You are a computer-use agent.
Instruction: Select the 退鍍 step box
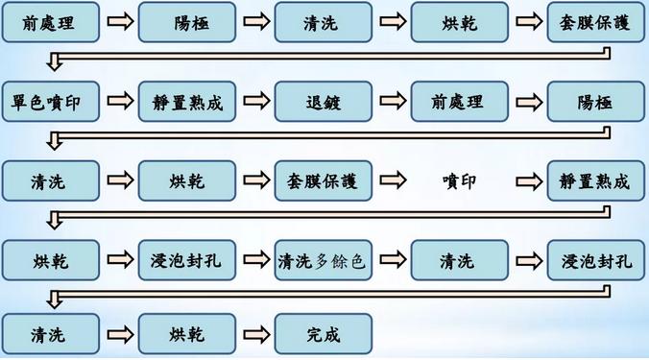pyautogui.click(x=323, y=102)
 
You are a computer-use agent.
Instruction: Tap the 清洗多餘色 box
pyautogui.click(x=323, y=259)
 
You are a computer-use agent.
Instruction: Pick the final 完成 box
pyautogui.click(x=323, y=336)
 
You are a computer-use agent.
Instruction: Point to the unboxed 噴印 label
pyautogui.click(x=459, y=180)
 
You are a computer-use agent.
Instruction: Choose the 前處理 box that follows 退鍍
pyautogui.click(x=459, y=102)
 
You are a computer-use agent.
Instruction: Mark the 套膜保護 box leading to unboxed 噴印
pyautogui.click(x=323, y=180)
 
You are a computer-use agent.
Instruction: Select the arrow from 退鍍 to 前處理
pyautogui.click(x=391, y=102)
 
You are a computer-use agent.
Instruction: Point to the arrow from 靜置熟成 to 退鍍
pyautogui.click(x=254, y=102)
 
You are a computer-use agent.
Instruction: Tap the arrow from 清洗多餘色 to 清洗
pyautogui.click(x=391, y=259)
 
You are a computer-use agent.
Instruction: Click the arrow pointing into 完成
pyautogui.click(x=254, y=336)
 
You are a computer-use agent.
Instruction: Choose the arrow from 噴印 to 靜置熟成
pyautogui.click(x=527, y=180)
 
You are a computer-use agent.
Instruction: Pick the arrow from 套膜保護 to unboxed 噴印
pyautogui.click(x=391, y=180)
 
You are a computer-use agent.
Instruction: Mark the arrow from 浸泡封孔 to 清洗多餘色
pyautogui.click(x=254, y=259)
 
